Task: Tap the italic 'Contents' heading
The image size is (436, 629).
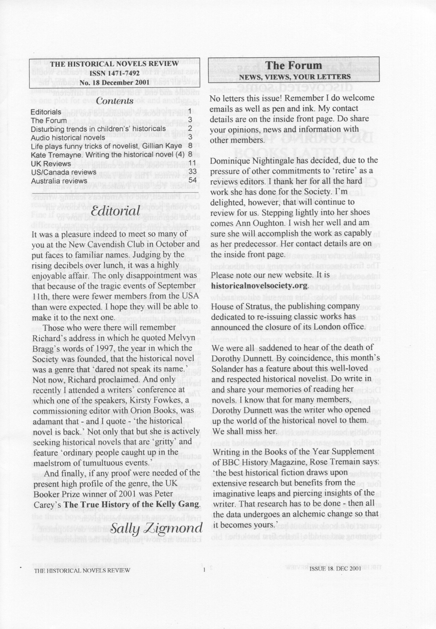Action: pos(115,101)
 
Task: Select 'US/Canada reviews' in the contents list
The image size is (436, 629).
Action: pos(64,172)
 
